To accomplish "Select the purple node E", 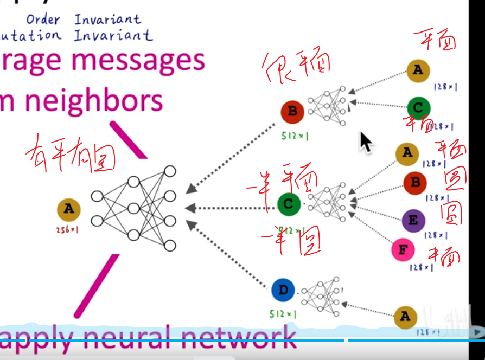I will tap(413, 220).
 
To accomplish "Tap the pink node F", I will tap(403, 250).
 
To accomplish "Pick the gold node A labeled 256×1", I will tap(68, 209).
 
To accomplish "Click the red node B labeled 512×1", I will tap(292, 112).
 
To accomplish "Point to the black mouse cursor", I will tap(366, 142).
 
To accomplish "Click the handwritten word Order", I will tap(43, 20).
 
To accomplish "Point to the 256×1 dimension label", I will tap(68, 230).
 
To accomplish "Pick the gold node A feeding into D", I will tap(405, 317).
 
